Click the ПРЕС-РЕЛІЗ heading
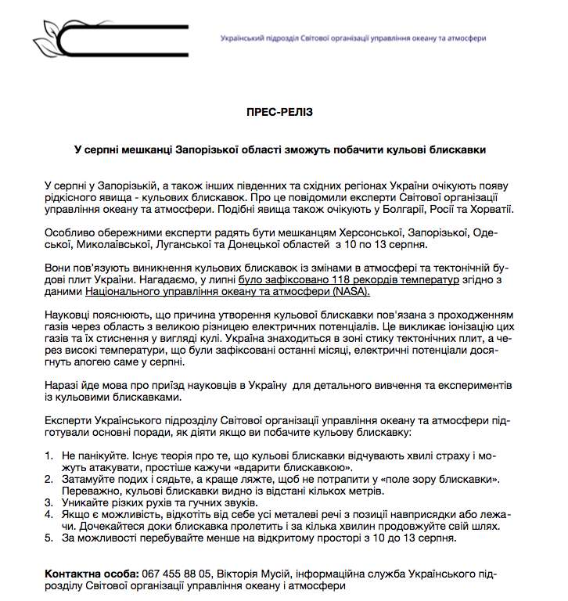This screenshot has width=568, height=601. (279, 112)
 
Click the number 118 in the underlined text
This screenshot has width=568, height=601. (330, 279)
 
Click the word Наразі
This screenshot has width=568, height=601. (64, 386)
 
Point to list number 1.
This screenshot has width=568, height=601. (49, 455)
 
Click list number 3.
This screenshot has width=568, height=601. (49, 502)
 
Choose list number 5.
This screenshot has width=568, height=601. (49, 538)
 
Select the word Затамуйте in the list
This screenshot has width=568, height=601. (89, 478)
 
